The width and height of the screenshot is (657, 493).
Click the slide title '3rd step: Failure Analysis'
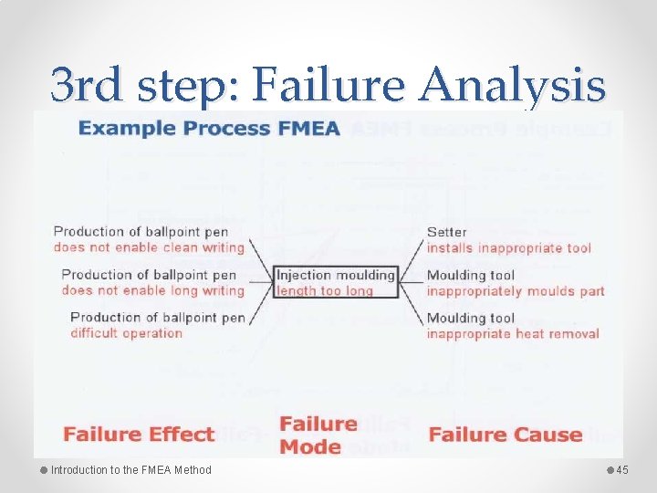[328, 85]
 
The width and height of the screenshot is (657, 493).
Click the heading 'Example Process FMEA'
[210, 128]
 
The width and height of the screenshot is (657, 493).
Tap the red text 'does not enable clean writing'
[149, 246]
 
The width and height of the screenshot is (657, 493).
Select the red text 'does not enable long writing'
[153, 290]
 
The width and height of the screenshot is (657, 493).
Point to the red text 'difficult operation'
[126, 332]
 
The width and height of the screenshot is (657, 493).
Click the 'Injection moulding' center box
[336, 275]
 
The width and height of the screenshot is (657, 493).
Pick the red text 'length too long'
[325, 290]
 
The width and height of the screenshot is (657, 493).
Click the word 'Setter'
[446, 232]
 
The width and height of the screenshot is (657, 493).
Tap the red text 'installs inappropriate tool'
[508, 247]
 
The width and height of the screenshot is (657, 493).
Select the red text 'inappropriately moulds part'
[516, 291]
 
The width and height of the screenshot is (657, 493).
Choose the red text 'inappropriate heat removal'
[513, 333]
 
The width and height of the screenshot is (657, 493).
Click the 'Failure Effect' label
[139, 434]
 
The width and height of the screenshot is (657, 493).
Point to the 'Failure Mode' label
[318, 435]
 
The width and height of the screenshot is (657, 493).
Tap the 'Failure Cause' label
[506, 434]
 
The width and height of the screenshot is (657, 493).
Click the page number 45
[623, 470]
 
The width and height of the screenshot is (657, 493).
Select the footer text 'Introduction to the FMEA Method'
[130, 470]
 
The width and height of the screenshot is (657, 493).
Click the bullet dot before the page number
[611, 470]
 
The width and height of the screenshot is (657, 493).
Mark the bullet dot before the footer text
[44, 470]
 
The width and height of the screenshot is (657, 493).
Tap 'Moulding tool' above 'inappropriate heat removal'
[471, 319]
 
